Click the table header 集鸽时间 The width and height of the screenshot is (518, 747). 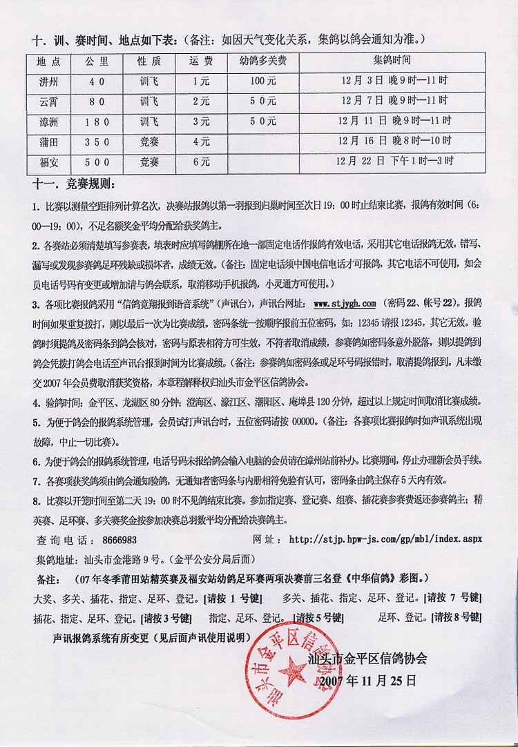394,61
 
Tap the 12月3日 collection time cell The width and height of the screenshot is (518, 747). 394,81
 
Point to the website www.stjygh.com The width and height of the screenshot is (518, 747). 344,303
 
